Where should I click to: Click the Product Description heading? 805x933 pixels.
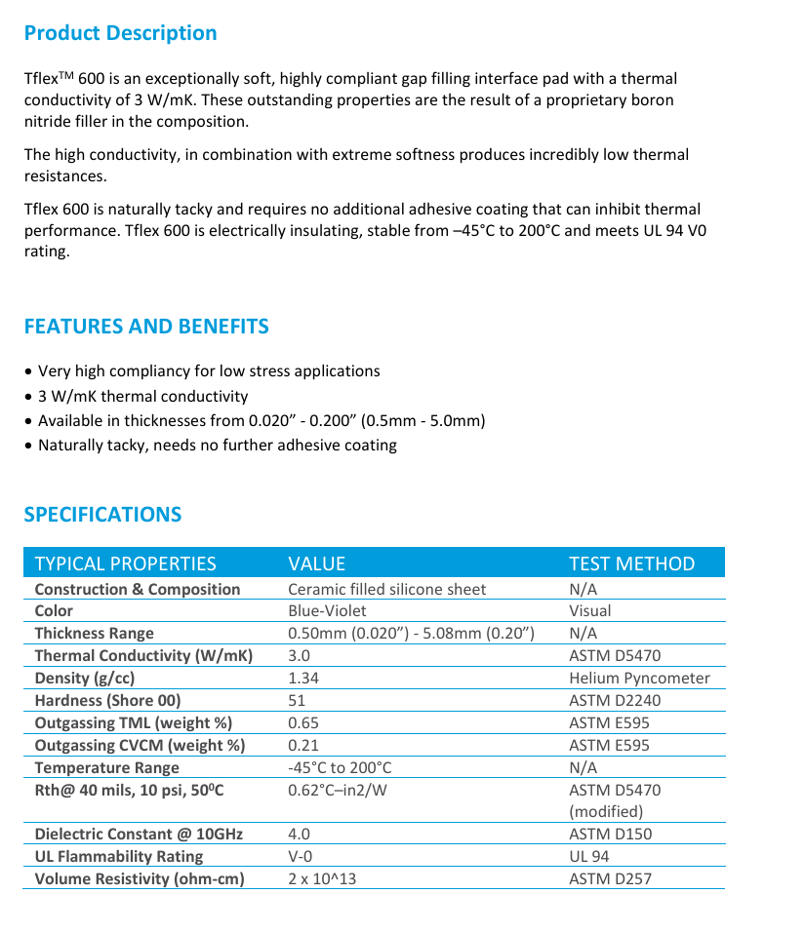click(x=120, y=33)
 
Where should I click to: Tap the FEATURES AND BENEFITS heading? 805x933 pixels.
click(x=146, y=327)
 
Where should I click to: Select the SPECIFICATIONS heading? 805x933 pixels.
click(x=102, y=515)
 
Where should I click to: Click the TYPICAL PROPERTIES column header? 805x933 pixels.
click(x=125, y=564)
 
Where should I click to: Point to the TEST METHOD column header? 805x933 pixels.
click(x=631, y=564)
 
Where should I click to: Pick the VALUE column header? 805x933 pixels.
click(x=316, y=564)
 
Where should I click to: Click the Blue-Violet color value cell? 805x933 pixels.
click(x=327, y=611)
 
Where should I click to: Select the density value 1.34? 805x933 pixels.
click(x=303, y=679)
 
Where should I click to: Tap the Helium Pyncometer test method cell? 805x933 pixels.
click(x=639, y=679)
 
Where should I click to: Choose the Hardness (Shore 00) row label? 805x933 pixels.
click(x=107, y=701)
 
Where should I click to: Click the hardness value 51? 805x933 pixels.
click(x=297, y=701)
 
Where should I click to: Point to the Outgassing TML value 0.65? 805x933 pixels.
click(x=303, y=723)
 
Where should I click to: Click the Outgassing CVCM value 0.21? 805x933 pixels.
click(x=303, y=746)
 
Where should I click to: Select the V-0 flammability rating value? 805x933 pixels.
click(x=300, y=857)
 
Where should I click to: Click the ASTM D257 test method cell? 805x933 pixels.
click(x=610, y=879)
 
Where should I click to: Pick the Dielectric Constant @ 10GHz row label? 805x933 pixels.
click(x=139, y=835)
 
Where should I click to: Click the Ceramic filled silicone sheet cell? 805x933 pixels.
click(x=386, y=590)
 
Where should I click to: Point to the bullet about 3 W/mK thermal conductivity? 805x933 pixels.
click(x=142, y=397)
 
